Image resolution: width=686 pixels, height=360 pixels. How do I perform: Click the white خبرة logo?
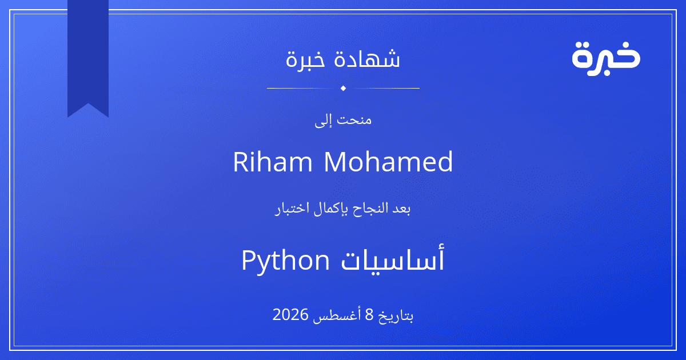[606, 59]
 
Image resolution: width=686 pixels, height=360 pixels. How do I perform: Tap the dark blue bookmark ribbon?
[88, 55]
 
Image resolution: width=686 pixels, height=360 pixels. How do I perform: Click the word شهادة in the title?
[367, 58]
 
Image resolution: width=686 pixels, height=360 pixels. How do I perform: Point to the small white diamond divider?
[344, 88]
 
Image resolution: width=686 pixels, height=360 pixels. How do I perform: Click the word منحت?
[354, 119]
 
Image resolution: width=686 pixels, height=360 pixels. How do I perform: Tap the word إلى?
[324, 121]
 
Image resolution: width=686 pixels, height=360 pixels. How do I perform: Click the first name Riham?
[273, 162]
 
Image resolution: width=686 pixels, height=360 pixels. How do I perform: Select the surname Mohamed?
[388, 162]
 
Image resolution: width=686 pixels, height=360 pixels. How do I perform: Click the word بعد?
[401, 209]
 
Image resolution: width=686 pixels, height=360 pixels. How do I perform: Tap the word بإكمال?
[331, 209]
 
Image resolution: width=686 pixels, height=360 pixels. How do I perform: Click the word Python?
[285, 261]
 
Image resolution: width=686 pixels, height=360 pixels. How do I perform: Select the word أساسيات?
[393, 259]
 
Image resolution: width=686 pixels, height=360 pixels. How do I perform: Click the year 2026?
[290, 314]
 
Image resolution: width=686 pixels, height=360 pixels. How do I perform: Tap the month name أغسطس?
[337, 315]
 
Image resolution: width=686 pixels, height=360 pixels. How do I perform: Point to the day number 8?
[369, 314]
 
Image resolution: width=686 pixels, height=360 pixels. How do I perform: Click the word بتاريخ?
[396, 315]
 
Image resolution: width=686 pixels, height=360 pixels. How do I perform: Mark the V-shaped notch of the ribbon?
[88, 104]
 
